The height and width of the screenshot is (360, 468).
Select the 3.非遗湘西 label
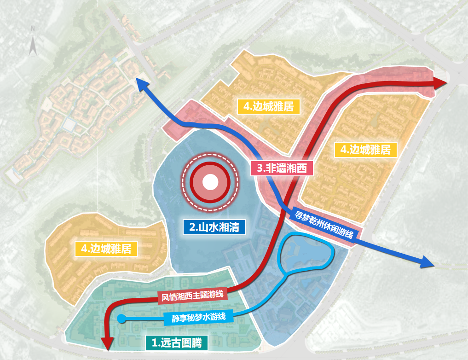coord(282,168)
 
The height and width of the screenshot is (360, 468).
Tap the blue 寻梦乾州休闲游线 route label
coord(324,224)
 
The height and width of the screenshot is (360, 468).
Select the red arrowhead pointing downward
coord(107,343)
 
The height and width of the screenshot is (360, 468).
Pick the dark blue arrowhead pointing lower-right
coord(428,262)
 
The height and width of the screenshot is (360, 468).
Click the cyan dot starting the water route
coord(121,318)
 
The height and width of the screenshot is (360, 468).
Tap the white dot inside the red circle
coord(210,183)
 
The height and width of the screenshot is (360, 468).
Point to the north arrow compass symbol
coord(33,45)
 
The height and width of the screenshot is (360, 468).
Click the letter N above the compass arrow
coord(33,29)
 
